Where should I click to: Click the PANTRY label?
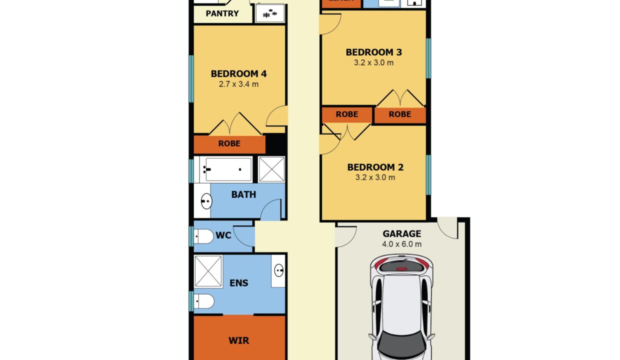tap(222, 13)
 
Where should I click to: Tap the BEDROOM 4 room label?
tap(238, 74)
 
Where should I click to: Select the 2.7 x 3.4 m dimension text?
tap(238, 84)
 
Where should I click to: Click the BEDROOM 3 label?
tap(374, 52)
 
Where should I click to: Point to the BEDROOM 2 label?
tap(375, 167)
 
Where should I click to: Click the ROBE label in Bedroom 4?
tap(229, 143)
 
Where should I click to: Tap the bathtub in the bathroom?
tap(228, 169)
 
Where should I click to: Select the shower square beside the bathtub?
tap(271, 169)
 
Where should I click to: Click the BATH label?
tap(243, 194)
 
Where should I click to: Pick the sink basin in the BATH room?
tap(206, 202)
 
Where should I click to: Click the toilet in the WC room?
tap(204, 236)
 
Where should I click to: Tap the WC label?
tap(223, 235)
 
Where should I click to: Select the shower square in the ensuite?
tap(208, 271)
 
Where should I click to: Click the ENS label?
tap(238, 283)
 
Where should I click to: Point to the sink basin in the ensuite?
tap(278, 271)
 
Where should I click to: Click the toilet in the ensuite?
tap(204, 301)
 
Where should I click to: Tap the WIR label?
tap(238, 341)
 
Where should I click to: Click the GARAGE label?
tap(401, 233)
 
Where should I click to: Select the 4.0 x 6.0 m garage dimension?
tap(401, 244)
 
